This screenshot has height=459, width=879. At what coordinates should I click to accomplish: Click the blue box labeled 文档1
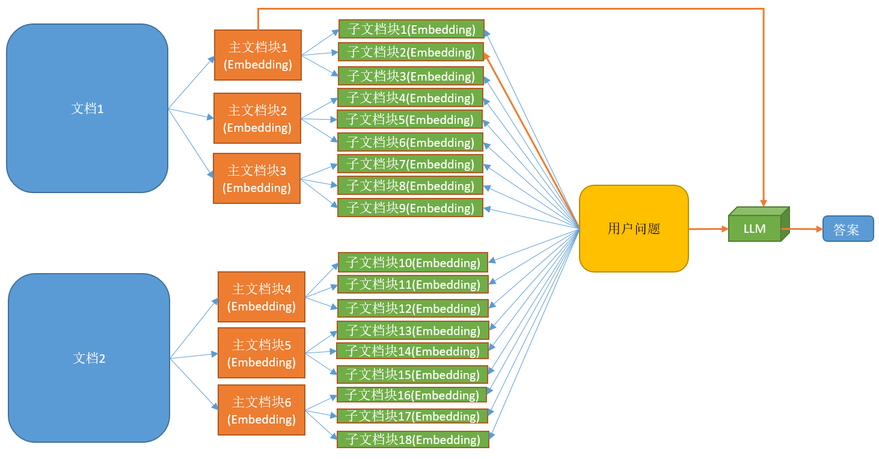(87, 108)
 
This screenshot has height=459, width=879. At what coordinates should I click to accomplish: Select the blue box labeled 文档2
(89, 358)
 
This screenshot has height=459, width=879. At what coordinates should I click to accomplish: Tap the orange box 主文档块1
(257, 55)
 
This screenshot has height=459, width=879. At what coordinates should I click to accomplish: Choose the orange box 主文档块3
(256, 179)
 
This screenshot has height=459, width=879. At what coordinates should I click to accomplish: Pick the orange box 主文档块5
(261, 353)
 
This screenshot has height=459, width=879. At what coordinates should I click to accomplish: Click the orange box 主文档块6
(261, 410)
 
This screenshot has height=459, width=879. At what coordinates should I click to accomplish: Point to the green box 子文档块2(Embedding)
(411, 52)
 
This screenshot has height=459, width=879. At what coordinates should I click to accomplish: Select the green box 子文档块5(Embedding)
(409, 120)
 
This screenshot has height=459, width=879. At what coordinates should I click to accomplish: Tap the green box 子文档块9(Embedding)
(410, 208)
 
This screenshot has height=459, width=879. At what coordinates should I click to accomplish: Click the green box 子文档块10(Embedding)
(412, 263)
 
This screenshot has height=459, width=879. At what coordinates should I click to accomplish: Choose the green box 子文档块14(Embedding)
(412, 351)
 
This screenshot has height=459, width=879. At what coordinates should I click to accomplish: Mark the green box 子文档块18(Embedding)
(412, 440)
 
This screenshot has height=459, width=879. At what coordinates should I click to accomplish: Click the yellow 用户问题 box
(634, 229)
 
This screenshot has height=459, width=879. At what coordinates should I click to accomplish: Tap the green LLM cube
(755, 228)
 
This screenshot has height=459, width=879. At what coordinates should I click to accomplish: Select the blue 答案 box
(848, 229)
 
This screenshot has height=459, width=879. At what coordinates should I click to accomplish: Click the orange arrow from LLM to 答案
(802, 229)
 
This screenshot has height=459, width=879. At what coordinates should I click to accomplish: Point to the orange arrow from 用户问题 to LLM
(708, 229)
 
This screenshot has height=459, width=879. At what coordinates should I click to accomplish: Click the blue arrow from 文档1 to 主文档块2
(191, 114)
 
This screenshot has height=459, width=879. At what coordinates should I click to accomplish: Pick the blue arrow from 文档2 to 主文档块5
(194, 356)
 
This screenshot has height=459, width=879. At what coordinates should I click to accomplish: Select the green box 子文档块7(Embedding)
(410, 164)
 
